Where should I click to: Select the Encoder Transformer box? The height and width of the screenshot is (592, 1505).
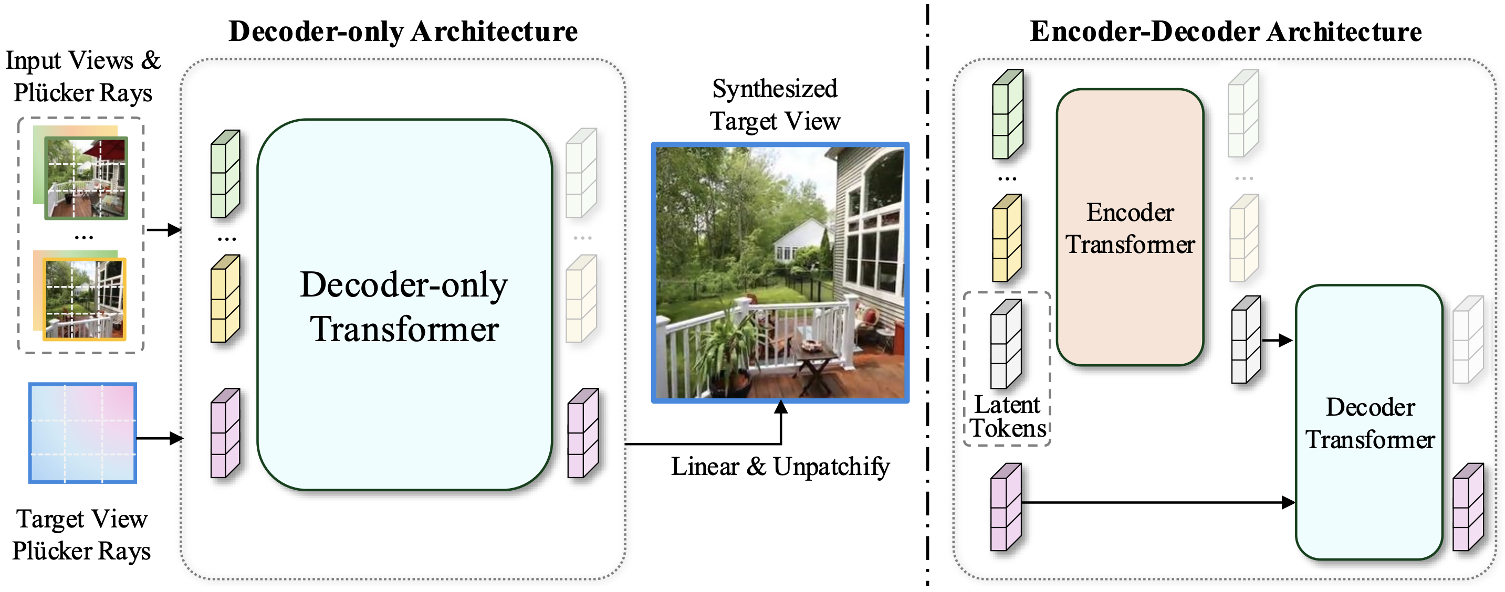[x=1130, y=228]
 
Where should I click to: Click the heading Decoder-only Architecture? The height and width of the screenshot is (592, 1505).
[x=403, y=31]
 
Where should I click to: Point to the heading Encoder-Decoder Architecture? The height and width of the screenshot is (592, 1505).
[x=1225, y=31]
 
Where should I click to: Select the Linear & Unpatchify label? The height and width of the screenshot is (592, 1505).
[x=780, y=467]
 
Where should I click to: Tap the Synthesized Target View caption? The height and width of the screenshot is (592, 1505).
[x=775, y=105]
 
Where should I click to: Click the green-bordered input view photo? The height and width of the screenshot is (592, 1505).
[x=87, y=178]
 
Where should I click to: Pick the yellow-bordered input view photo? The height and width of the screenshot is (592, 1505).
[x=85, y=299]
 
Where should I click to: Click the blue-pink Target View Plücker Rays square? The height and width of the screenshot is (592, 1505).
[x=82, y=432]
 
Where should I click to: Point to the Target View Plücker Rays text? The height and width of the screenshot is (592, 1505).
[x=82, y=535]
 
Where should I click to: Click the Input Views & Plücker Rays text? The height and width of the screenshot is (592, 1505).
[x=82, y=77]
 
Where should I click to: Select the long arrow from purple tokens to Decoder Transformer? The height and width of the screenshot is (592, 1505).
[x=1157, y=502]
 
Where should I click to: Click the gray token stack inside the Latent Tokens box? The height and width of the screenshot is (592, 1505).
[x=1006, y=344]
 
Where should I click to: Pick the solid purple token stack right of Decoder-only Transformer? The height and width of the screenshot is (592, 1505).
[x=583, y=433]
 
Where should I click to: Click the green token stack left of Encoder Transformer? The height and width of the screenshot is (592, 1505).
[x=1007, y=114]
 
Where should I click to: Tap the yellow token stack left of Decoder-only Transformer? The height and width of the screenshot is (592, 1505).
[x=225, y=299]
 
